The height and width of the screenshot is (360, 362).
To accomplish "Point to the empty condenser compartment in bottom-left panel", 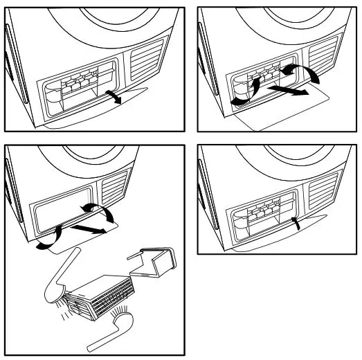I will [62, 211].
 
